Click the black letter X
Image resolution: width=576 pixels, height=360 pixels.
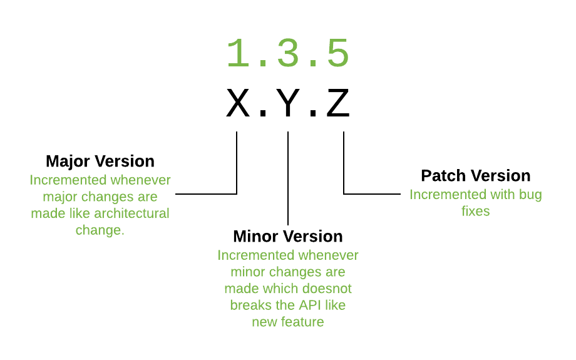point(238,104)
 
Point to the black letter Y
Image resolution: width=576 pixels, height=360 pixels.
point(288,104)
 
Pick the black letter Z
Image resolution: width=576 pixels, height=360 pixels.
point(337,104)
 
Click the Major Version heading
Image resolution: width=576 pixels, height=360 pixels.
point(100,161)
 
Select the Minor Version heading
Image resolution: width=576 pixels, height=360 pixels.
point(288,236)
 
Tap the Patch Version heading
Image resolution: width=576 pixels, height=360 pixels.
point(476,175)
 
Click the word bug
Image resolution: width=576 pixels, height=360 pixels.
point(530,195)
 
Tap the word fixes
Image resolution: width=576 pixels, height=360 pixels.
point(476,212)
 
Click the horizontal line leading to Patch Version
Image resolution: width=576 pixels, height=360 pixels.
point(373,194)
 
